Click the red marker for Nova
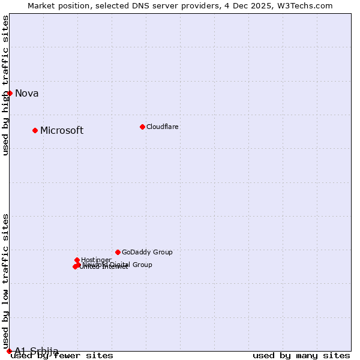coord(10,93)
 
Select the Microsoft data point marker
coord(35,130)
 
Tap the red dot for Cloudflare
coord(142,127)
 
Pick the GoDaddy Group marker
coord(118,252)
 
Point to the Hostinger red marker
coord(77,260)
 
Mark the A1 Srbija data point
coord(9,351)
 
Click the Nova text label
coord(27,93)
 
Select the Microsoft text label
coord(62,130)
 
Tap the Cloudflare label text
coord(162,127)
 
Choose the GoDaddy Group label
coord(147,252)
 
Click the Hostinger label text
coord(96,260)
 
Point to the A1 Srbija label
coord(37,351)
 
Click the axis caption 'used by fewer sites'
coord(62,355)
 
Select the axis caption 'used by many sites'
coord(301,355)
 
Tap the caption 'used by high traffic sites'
coord(6,85)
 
